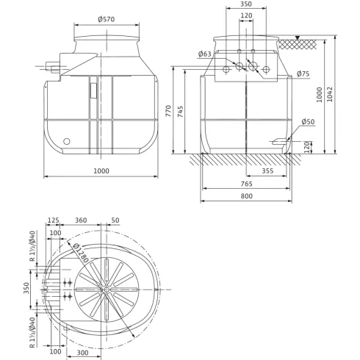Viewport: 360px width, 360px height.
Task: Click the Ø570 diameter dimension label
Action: tap(106, 20)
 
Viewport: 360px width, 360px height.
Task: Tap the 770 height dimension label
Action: tap(169, 111)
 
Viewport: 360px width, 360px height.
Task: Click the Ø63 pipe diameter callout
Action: tap(206, 54)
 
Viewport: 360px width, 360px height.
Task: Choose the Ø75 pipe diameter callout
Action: tap(303, 73)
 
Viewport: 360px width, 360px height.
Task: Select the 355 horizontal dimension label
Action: tap(267, 170)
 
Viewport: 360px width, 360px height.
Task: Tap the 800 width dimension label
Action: tap(247, 197)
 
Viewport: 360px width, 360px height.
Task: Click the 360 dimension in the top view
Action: tap(82, 220)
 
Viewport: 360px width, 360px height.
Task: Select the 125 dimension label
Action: tap(53, 220)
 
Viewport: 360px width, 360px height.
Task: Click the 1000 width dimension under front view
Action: tap(102, 171)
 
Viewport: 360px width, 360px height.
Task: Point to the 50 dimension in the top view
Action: tap(115, 220)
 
